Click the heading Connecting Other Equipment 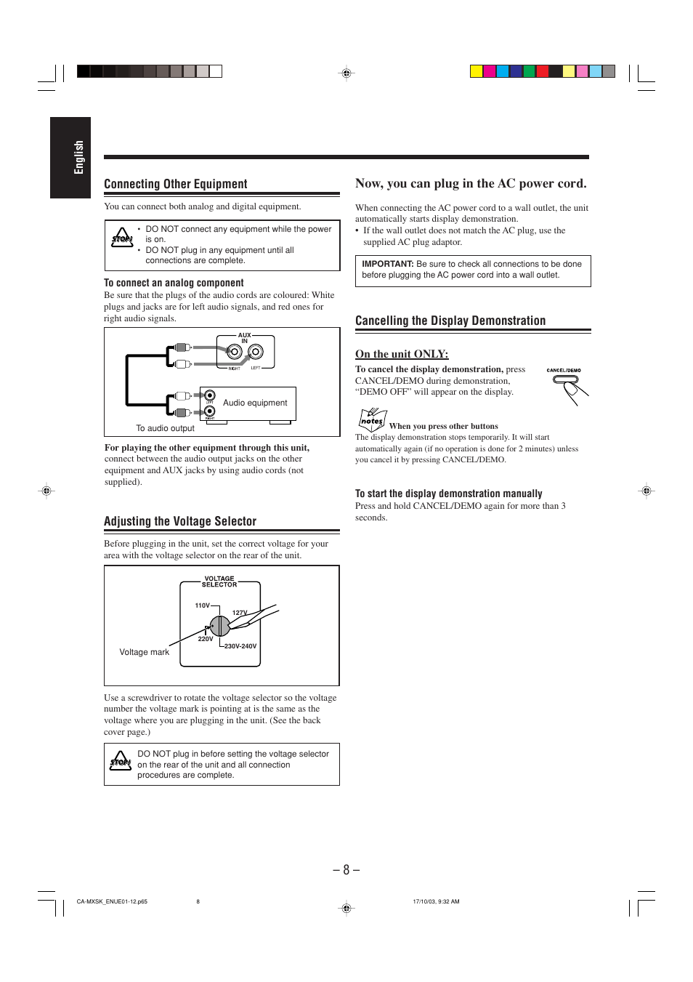point(176,184)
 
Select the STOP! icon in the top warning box point(122,238)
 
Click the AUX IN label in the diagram point(245,338)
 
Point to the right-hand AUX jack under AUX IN point(256,353)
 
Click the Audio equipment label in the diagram point(255,403)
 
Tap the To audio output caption point(165,428)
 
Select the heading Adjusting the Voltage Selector point(180,521)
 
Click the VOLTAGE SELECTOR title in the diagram point(219,581)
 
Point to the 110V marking point(202,605)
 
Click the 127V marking point(240,613)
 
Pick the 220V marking point(206,639)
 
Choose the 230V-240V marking point(240,645)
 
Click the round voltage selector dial point(220,625)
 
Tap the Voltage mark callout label point(144,652)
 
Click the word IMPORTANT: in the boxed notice point(387,264)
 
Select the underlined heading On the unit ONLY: point(402,354)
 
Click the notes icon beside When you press point(372,419)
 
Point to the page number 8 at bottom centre point(346,869)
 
